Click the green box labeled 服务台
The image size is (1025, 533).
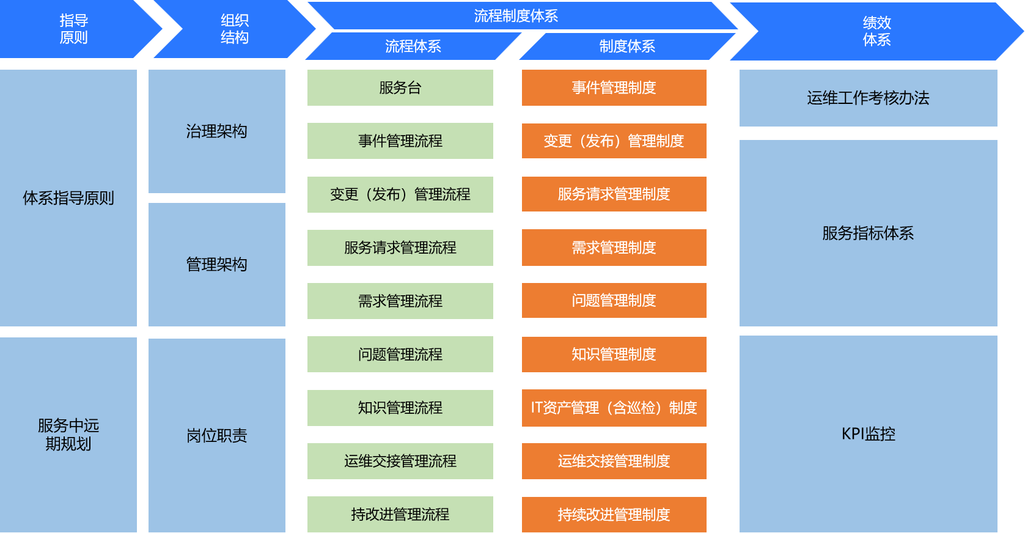tap(400, 87)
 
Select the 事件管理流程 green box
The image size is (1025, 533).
tap(400, 141)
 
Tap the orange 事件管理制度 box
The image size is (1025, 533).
tap(614, 87)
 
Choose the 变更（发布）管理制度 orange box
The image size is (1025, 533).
tap(614, 141)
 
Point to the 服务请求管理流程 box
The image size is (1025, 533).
tap(400, 248)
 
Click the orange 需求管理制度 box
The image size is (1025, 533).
tap(614, 248)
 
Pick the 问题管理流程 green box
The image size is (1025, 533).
tap(400, 354)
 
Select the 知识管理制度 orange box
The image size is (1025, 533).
tap(614, 354)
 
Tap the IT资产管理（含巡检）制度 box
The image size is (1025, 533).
tap(614, 408)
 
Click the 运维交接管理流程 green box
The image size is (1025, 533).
tap(400, 461)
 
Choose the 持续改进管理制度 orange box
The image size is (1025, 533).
tap(614, 515)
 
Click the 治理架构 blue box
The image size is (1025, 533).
tap(216, 131)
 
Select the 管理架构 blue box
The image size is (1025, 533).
tap(216, 264)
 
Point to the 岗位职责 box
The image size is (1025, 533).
tap(216, 435)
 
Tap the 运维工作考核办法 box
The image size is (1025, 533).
tap(868, 98)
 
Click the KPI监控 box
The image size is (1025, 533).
tap(868, 434)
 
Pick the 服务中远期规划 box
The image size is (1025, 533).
tap(68, 434)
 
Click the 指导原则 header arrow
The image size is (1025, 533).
tap(73, 29)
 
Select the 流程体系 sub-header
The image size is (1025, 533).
tap(413, 46)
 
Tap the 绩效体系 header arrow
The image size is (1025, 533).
tap(876, 31)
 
